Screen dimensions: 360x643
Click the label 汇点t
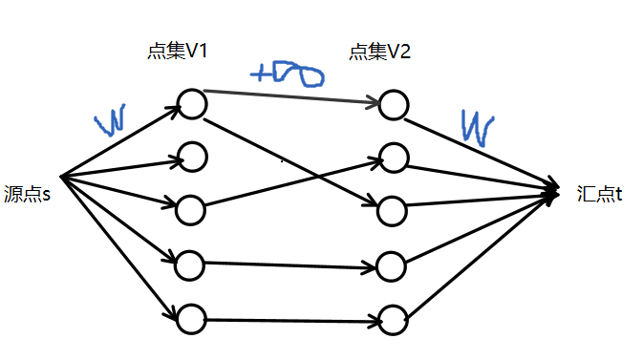[600, 194]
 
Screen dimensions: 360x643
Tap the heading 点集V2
[380, 52]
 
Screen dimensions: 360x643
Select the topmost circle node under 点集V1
[192, 104]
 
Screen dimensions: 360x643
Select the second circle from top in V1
[192, 156]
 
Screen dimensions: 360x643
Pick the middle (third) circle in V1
[192, 207]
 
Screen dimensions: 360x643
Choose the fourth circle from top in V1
[192, 263]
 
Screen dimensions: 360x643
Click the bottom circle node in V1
[192, 318]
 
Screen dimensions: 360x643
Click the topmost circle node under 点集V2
[392, 105]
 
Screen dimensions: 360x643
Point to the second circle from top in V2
[392, 156]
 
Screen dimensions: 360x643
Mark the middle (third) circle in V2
[392, 208]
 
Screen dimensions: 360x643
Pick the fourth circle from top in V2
[392, 265]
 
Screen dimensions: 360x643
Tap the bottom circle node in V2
[392, 319]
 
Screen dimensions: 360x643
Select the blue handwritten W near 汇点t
[477, 125]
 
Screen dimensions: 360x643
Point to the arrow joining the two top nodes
[291, 96]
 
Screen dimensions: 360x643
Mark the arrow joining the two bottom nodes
[291, 320]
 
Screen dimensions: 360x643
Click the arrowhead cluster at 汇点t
[552, 193]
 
